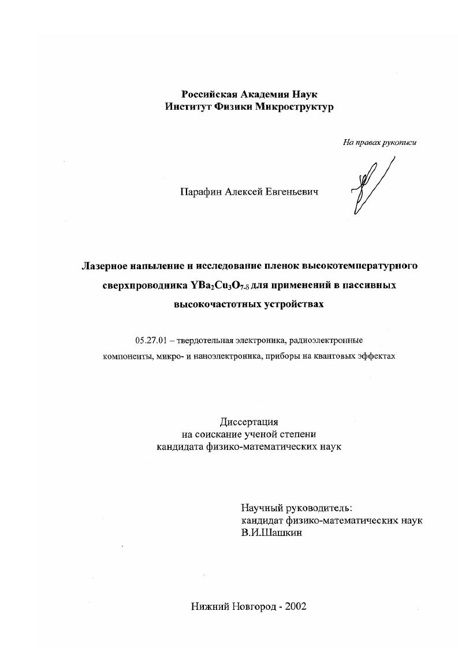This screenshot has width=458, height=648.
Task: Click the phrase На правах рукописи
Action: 379,143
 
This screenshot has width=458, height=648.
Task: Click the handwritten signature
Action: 370,185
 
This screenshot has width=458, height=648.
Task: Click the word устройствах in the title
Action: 295,304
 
